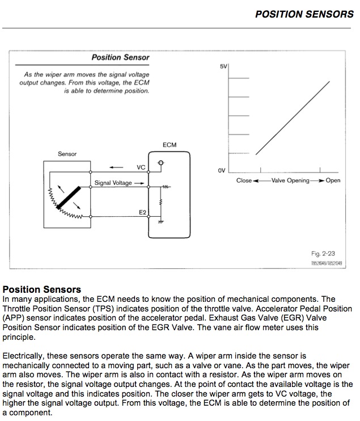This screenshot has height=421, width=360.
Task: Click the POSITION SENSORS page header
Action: click(304, 14)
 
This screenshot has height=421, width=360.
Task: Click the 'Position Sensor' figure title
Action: click(120, 57)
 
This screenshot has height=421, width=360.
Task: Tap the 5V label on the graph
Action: click(223, 67)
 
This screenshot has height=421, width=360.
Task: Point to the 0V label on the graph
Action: click(222, 170)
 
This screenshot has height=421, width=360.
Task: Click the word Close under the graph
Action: click(244, 180)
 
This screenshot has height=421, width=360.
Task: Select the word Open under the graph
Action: click(333, 180)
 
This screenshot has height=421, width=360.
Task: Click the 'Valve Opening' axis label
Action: click(290, 180)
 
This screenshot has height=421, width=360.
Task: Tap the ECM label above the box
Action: click(170, 145)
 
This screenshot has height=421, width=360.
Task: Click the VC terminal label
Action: click(141, 167)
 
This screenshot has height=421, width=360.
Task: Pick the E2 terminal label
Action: click(142, 212)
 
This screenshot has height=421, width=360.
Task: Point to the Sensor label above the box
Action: click(67, 154)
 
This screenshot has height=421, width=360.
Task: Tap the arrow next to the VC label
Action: click(116, 167)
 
